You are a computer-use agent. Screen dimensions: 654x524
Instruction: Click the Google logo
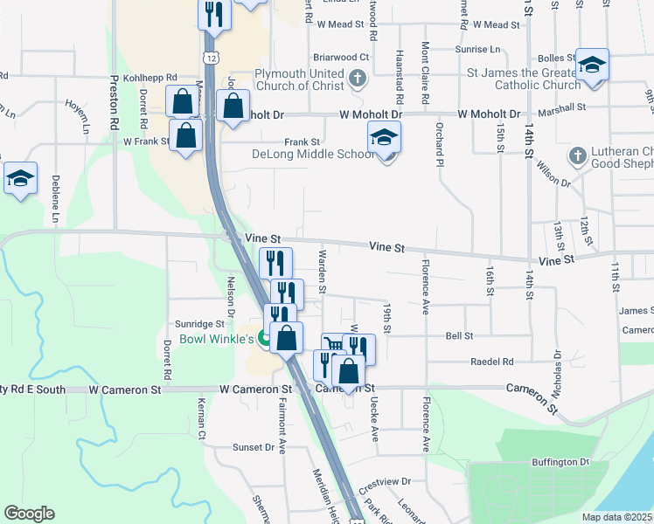pyautogui.click(x=29, y=514)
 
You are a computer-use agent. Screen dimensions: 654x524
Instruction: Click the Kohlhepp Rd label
pyautogui.click(x=150, y=78)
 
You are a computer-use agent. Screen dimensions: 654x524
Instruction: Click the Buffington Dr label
pyautogui.click(x=560, y=462)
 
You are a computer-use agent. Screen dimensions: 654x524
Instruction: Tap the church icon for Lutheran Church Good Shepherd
pyautogui.click(x=576, y=155)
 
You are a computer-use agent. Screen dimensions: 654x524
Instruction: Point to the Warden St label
pyautogui.click(x=323, y=271)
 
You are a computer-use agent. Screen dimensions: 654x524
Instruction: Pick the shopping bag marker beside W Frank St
pyautogui.click(x=186, y=134)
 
